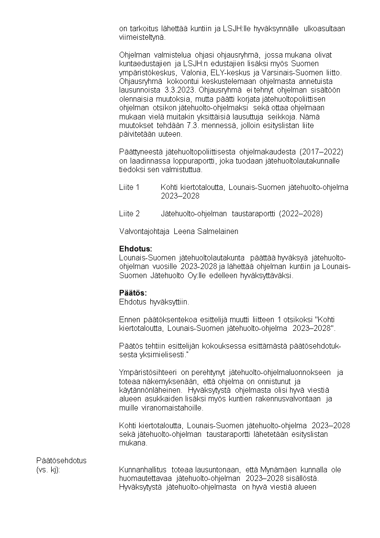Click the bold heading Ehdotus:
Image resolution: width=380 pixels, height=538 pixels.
click(x=135, y=249)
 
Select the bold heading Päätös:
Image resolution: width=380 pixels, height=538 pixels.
click(x=133, y=293)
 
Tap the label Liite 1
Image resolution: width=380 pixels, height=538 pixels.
click(x=129, y=187)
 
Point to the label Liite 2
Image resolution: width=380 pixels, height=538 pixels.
click(x=129, y=213)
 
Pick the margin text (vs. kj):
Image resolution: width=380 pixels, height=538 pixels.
click(x=48, y=469)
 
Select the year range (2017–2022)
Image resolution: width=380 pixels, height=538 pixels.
click(x=322, y=152)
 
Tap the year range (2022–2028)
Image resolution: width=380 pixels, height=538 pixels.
click(x=301, y=213)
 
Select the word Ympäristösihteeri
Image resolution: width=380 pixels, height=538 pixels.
click(x=148, y=373)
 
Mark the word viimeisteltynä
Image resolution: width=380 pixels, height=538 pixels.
click(x=142, y=37)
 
